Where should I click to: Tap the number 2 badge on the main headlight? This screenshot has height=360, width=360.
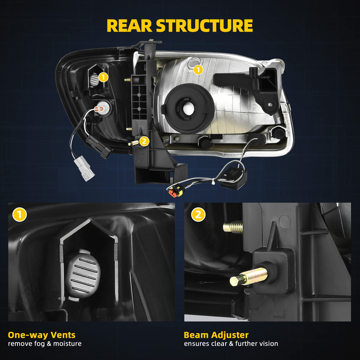(x=144, y=141)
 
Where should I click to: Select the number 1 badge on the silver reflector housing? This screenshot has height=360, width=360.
(x=198, y=70)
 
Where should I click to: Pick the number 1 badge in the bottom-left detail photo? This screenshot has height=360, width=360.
(x=19, y=214)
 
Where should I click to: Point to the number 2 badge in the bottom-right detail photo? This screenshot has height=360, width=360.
(x=198, y=214)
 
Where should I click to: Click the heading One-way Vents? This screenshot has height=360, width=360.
(x=42, y=335)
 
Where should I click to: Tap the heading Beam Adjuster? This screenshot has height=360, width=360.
(x=216, y=335)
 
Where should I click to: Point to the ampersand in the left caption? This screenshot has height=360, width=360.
(x=49, y=343)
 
